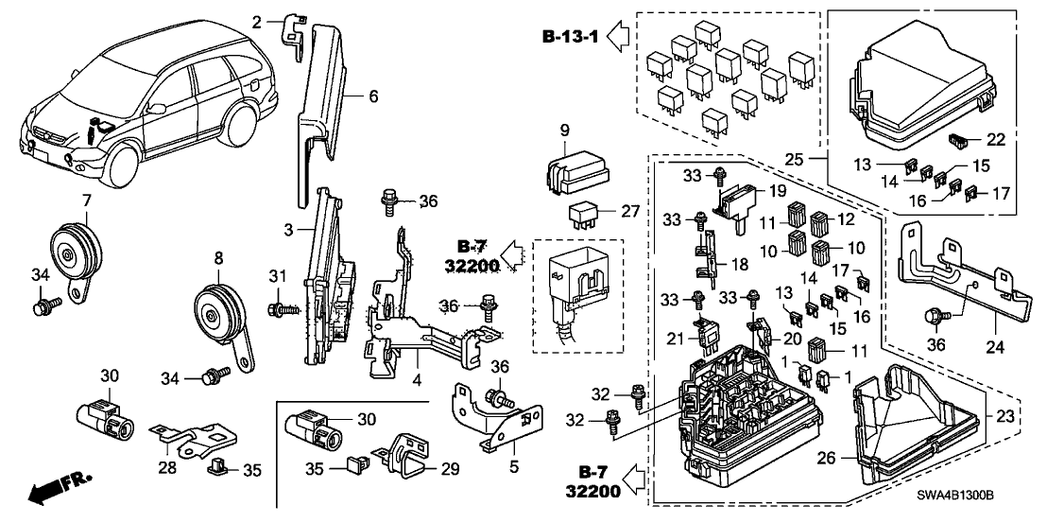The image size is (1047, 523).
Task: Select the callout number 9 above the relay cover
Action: [x=563, y=131]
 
